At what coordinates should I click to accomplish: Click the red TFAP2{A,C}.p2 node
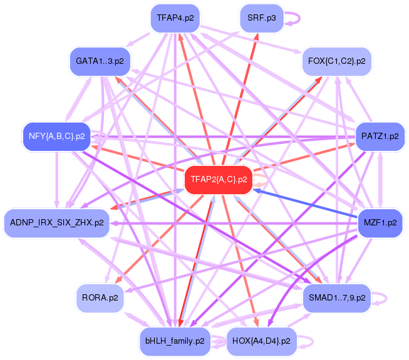coord(217,180)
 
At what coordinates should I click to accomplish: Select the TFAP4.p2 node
coord(175,18)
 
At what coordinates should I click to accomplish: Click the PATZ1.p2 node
coord(380,136)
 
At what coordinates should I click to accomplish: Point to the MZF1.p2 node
coord(380,222)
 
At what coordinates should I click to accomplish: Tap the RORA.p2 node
coord(100,297)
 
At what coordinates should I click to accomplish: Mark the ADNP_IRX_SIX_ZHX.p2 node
coord(57,222)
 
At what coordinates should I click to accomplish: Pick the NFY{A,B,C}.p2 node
coord(56,136)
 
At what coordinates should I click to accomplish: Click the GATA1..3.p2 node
coord(100,61)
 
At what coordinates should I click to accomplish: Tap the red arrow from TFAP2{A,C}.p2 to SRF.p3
coord(240,96)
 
